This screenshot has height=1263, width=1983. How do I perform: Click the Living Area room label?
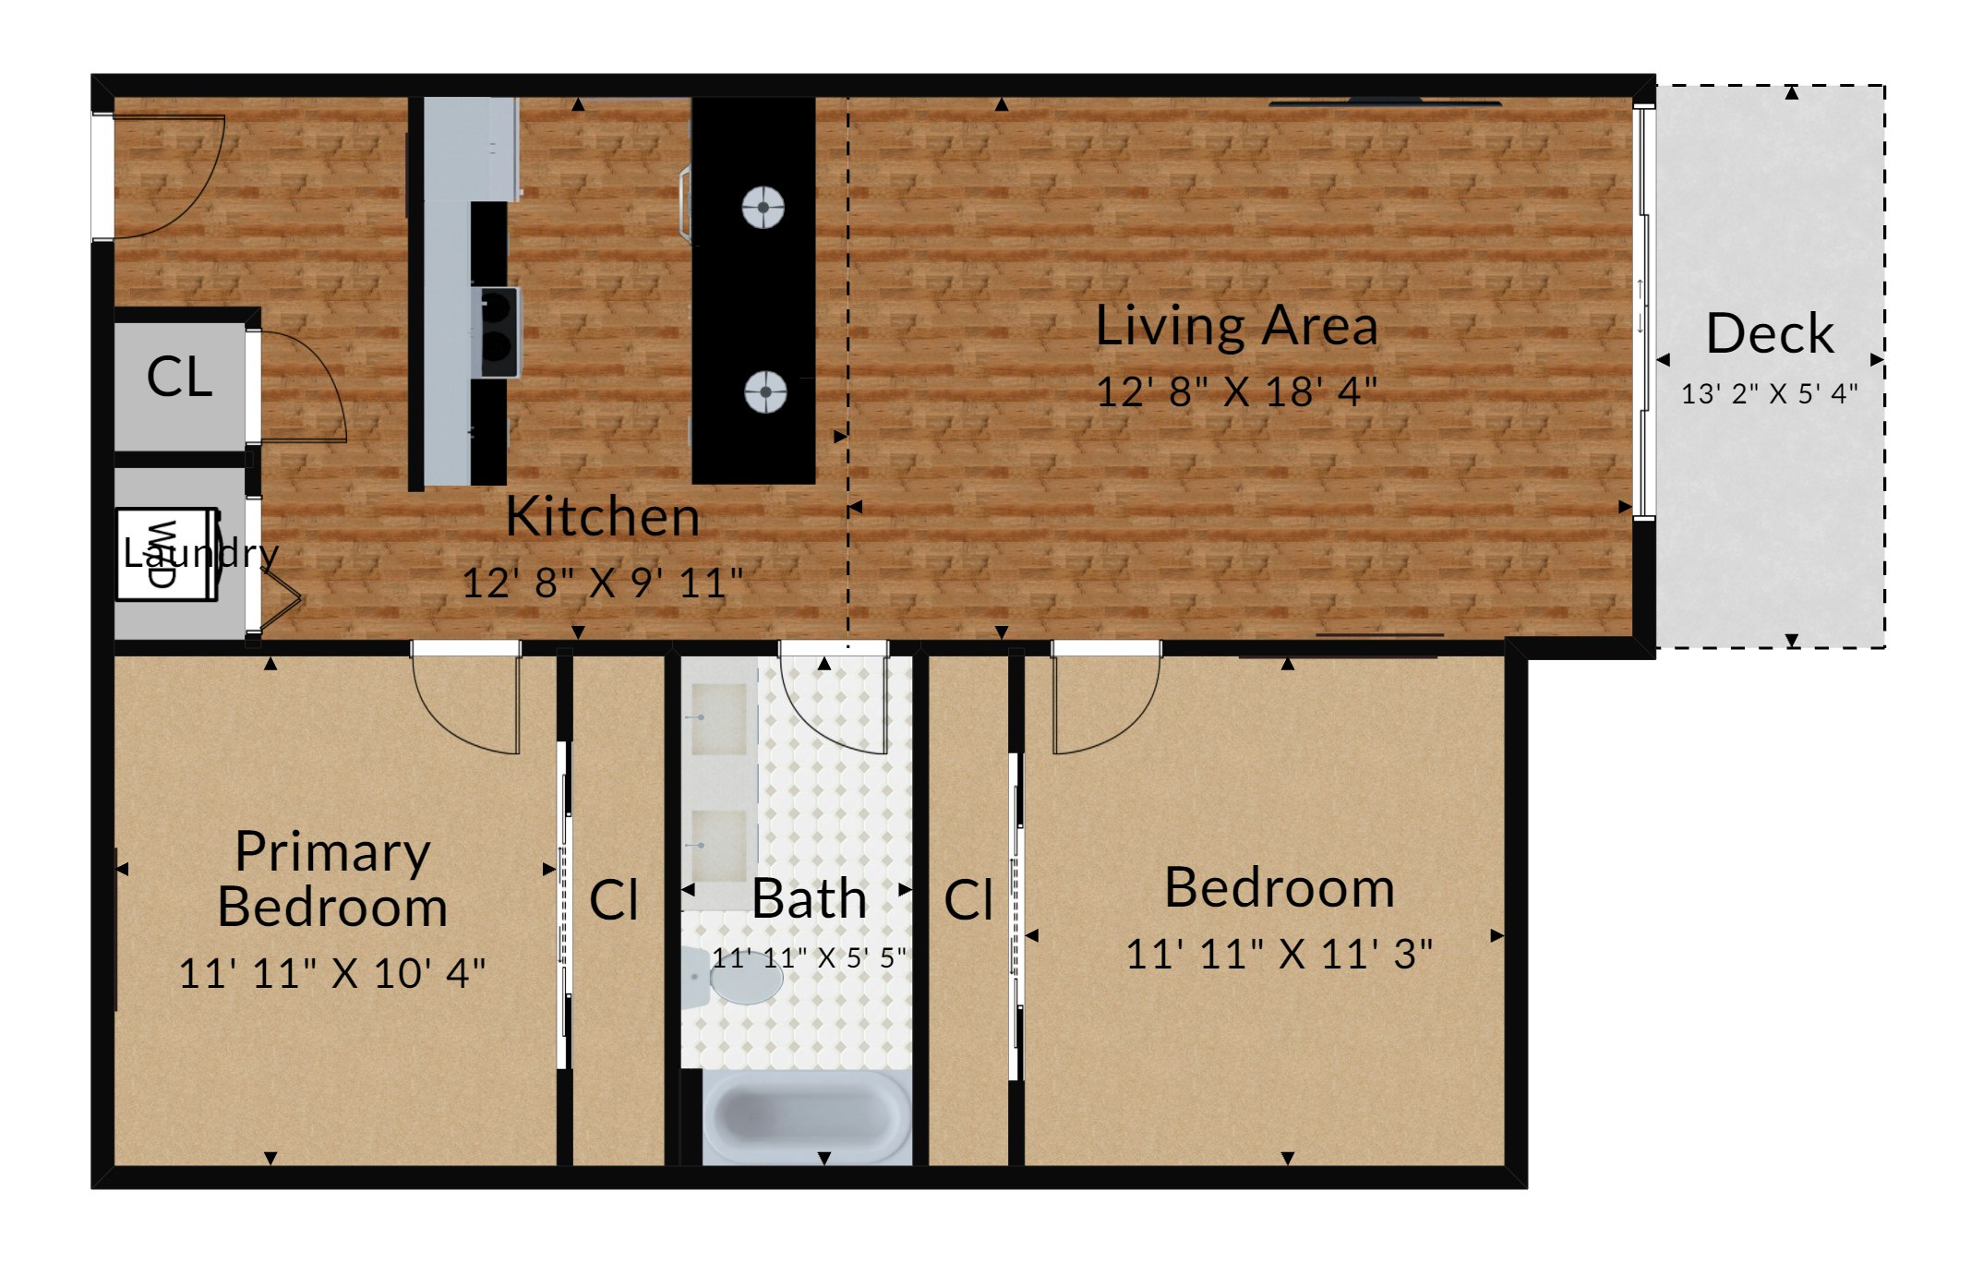pyautogui.click(x=1236, y=327)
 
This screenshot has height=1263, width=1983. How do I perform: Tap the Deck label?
pyautogui.click(x=1770, y=333)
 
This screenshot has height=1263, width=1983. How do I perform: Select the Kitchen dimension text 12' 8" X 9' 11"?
pyautogui.click(x=602, y=583)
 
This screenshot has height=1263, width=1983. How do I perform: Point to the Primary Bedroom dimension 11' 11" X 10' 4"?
pyautogui.click(x=331, y=973)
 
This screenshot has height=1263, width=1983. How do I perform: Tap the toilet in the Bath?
pyautogui.click(x=733, y=976)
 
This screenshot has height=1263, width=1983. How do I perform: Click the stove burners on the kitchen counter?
pyautogui.click(x=498, y=331)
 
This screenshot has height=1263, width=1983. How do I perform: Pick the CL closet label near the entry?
pyautogui.click(x=180, y=377)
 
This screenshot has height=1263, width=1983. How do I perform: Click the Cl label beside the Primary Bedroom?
pyautogui.click(x=614, y=899)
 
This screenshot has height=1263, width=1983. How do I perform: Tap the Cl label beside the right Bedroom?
pyautogui.click(x=968, y=900)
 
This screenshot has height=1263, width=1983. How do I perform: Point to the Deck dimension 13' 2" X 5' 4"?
pyautogui.click(x=1770, y=394)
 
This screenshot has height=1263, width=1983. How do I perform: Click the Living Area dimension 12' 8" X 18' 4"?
pyautogui.click(x=1236, y=392)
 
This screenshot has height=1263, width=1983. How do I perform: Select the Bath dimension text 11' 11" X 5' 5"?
pyautogui.click(x=809, y=957)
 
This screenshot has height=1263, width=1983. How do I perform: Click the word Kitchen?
pyautogui.click(x=603, y=516)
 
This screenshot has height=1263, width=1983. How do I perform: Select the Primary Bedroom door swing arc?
pyautogui.click(x=443, y=716)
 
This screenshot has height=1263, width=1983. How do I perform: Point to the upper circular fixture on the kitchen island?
pyautogui.click(x=763, y=207)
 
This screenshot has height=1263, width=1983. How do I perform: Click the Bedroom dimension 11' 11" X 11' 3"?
pyautogui.click(x=1280, y=955)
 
